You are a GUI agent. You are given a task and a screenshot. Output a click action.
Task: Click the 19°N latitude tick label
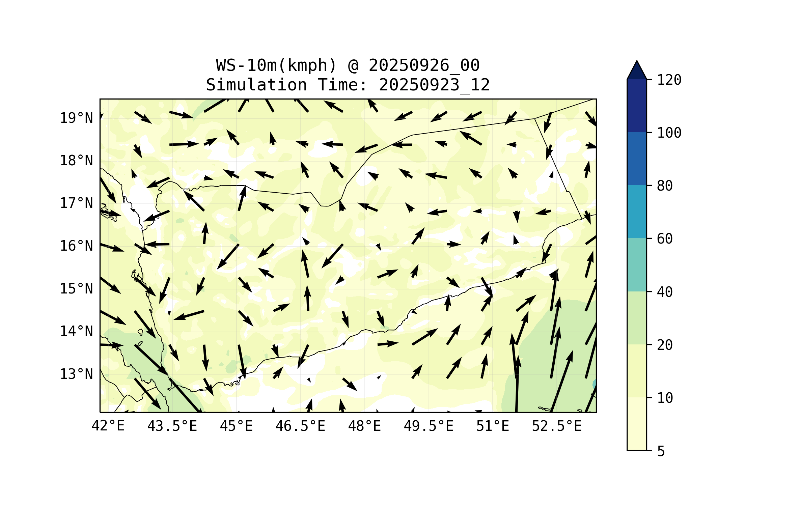click(76, 118)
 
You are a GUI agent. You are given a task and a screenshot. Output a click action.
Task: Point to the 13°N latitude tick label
click(76, 374)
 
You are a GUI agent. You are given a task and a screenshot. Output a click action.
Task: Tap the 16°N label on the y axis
click(76, 246)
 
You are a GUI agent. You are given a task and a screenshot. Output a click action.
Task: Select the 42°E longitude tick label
click(108, 426)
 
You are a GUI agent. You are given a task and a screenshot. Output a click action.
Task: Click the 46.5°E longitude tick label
click(300, 426)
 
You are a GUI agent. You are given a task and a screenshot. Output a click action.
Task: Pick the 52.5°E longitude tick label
click(556, 426)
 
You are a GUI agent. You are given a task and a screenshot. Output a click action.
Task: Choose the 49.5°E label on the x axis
click(428, 426)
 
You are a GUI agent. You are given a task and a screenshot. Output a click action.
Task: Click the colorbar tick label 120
click(669, 80)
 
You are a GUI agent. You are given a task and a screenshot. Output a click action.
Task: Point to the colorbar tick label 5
click(661, 451)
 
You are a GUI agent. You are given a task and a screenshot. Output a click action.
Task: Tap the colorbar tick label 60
click(665, 239)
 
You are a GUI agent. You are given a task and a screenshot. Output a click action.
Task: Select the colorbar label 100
click(669, 133)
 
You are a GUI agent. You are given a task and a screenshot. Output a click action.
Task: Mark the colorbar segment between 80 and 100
click(637, 159)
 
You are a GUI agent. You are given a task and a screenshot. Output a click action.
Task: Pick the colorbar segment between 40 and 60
click(637, 265)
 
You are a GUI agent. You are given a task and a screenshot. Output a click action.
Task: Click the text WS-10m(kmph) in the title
click(276, 65)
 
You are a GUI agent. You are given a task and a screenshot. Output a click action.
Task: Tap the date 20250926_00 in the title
click(424, 65)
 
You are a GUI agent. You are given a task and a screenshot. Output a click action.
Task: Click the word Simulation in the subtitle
click(256, 85)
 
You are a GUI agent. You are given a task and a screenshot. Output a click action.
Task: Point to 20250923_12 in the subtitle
click(434, 85)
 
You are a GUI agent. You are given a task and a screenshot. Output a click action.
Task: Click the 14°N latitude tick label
click(76, 331)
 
